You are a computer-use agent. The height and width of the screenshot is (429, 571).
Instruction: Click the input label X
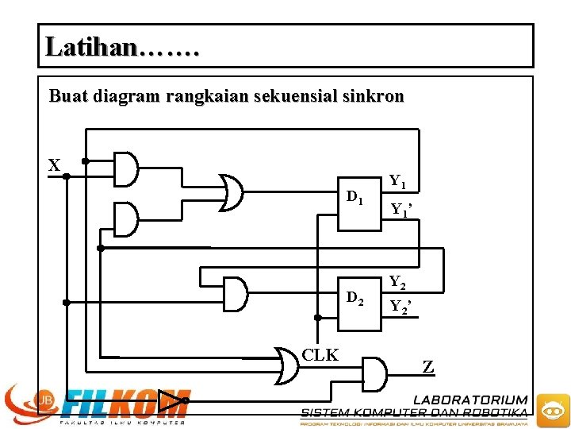pos(54,165)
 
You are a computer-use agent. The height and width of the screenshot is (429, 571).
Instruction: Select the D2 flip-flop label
pos(354,300)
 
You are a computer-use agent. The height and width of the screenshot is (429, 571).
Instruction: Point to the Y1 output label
pos(397,182)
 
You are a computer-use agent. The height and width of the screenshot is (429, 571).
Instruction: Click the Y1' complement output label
pos(399,210)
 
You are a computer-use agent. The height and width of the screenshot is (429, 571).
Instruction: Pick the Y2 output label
pos(397,282)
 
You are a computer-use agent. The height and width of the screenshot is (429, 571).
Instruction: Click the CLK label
pos(320,355)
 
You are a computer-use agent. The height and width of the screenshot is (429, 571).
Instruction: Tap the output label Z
pos(428,367)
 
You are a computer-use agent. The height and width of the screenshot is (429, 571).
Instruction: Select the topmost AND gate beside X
pos(125,168)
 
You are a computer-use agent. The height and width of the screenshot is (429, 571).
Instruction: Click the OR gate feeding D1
pos(230,193)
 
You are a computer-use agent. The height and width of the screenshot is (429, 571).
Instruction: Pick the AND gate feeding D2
pos(236,294)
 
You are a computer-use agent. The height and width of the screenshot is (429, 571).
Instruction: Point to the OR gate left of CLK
pos(287,365)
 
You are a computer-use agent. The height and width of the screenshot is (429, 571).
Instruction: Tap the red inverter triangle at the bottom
pos(170,404)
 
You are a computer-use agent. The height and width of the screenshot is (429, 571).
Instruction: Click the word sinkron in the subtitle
pos(374,97)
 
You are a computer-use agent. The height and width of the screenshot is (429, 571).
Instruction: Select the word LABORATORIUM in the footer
pos(470,400)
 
